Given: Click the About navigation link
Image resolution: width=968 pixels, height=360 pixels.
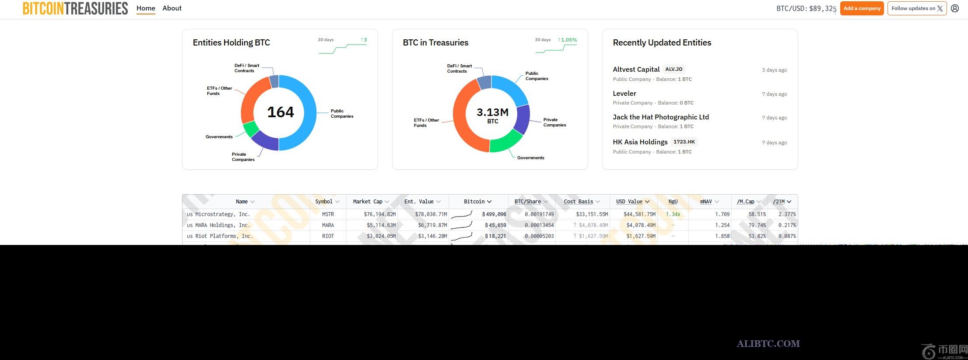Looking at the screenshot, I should point(172,8).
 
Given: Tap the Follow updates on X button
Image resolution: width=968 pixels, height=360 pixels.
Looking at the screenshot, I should point(917,8).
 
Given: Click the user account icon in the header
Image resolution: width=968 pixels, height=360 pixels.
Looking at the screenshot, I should point(955,8).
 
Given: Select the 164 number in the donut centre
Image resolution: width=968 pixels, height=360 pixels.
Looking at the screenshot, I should point(281,112).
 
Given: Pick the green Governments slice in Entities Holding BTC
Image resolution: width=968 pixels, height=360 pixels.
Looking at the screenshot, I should point(251,129).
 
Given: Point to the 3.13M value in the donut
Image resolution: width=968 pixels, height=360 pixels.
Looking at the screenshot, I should point(492,112).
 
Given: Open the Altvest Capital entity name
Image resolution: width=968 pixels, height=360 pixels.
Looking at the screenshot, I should point(636,69).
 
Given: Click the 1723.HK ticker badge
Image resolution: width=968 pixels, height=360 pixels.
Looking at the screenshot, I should point(684,142).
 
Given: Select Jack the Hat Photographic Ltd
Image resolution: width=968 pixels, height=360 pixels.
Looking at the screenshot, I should point(660,117).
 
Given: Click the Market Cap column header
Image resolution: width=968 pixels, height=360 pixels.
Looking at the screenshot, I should point(368,202).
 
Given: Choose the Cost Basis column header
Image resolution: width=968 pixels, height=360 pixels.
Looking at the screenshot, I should point(578,202).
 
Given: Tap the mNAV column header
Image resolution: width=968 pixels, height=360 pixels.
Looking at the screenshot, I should point(705,202).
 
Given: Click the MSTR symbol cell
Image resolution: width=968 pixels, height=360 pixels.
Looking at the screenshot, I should point(328,214).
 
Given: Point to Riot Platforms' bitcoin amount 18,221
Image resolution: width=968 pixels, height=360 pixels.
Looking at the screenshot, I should point(495,236).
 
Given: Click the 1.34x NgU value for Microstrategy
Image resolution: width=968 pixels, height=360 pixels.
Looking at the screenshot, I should point(673,214).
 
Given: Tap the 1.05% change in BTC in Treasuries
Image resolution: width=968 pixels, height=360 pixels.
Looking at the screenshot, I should point(568,40).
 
